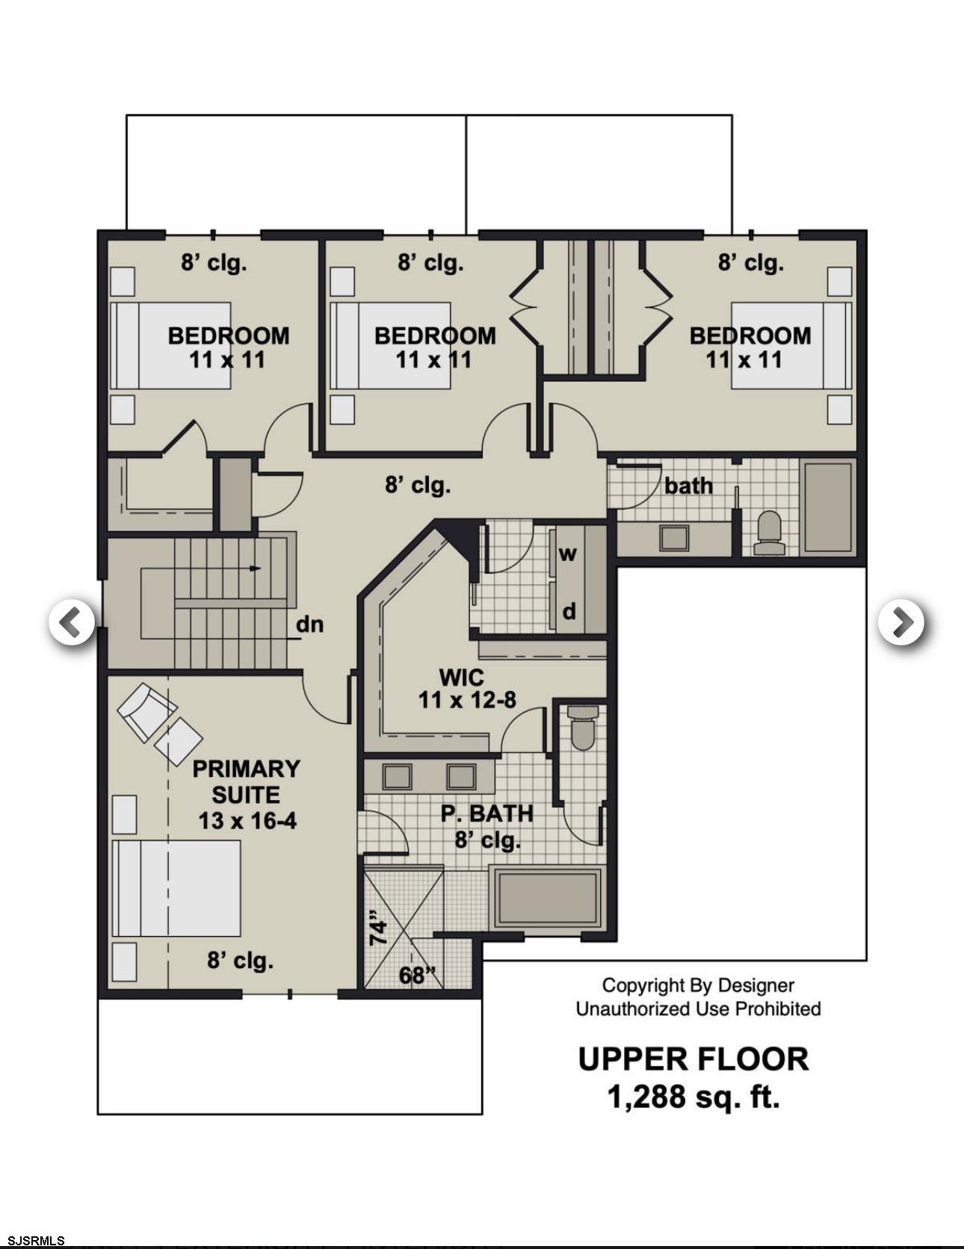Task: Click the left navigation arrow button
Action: (x=72, y=622)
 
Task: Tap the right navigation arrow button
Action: (x=901, y=622)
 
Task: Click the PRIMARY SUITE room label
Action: (x=246, y=781)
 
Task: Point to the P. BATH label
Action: (x=486, y=813)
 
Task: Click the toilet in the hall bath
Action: (x=768, y=533)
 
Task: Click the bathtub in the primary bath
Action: (x=549, y=898)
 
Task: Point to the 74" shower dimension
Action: (x=379, y=932)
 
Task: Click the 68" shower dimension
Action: (x=417, y=975)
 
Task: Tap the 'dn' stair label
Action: (x=309, y=624)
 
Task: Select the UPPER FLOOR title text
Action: (x=693, y=1059)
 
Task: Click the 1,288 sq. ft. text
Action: (x=693, y=1097)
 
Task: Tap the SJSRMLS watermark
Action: (x=34, y=1241)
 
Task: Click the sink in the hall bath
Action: (x=675, y=538)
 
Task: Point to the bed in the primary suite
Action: (x=176, y=888)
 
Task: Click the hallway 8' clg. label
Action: (x=418, y=486)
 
